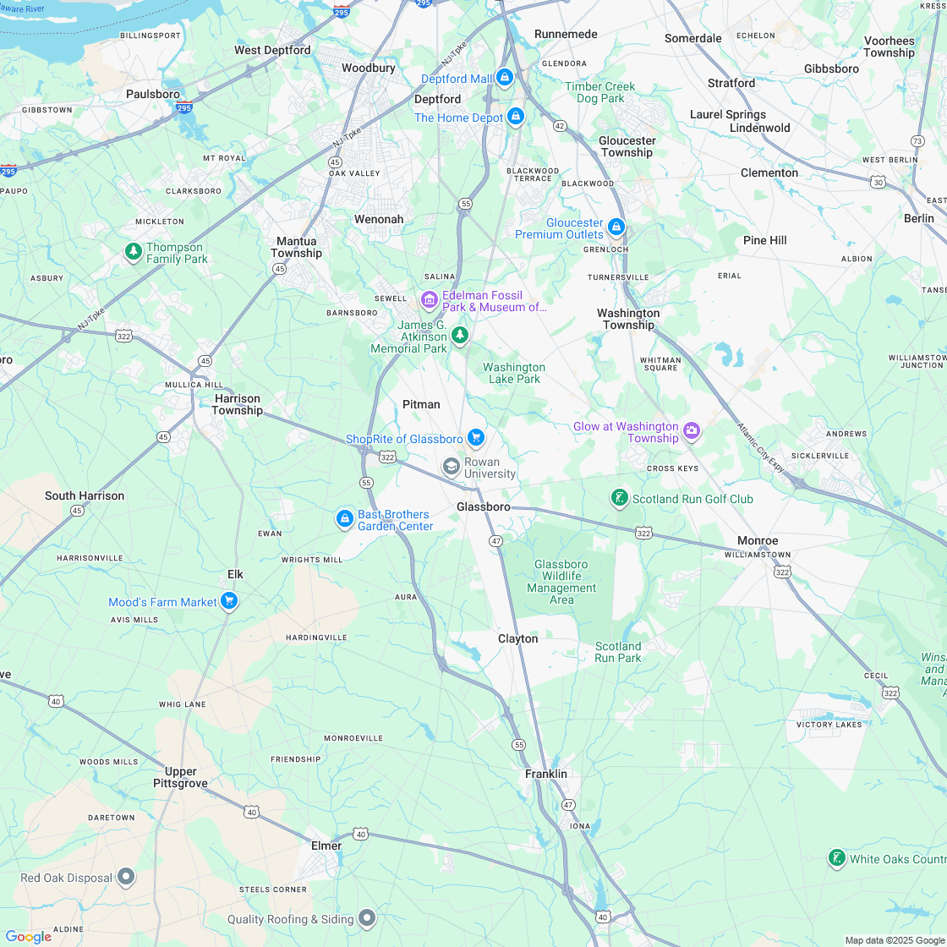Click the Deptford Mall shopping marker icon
[x=505, y=79]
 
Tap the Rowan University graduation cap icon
[x=452, y=467]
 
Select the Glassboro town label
[x=484, y=506]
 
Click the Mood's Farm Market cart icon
[x=228, y=601]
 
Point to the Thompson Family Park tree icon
[x=133, y=252]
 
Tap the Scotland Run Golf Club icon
[x=619, y=498]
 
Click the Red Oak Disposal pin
[x=126, y=877]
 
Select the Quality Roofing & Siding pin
[x=367, y=917]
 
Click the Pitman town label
[x=421, y=404]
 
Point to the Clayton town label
[x=517, y=638]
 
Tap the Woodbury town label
[x=369, y=68]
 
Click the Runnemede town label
[x=566, y=35]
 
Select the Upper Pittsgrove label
[x=181, y=777]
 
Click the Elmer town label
[x=326, y=846]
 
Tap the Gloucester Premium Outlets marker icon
[x=616, y=227]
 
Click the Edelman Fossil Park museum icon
[x=429, y=300]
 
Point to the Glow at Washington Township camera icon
[x=692, y=431]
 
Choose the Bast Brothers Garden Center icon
[x=344, y=518]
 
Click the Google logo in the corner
[x=28, y=936]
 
